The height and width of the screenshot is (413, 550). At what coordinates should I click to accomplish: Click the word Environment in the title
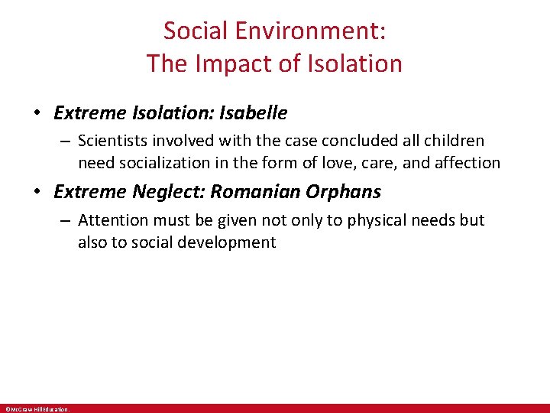[x=311, y=31]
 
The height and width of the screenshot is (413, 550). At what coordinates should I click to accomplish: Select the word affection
[x=467, y=162]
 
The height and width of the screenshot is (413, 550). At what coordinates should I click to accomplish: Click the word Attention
[x=112, y=220]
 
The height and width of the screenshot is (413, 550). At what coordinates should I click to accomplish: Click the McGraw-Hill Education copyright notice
[x=36, y=409]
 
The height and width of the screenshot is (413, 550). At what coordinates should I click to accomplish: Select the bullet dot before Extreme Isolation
[x=36, y=114]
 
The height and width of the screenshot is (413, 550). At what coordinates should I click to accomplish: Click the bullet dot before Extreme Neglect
[x=36, y=191]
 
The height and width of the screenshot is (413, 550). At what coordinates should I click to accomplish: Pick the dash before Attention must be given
[x=66, y=220]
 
